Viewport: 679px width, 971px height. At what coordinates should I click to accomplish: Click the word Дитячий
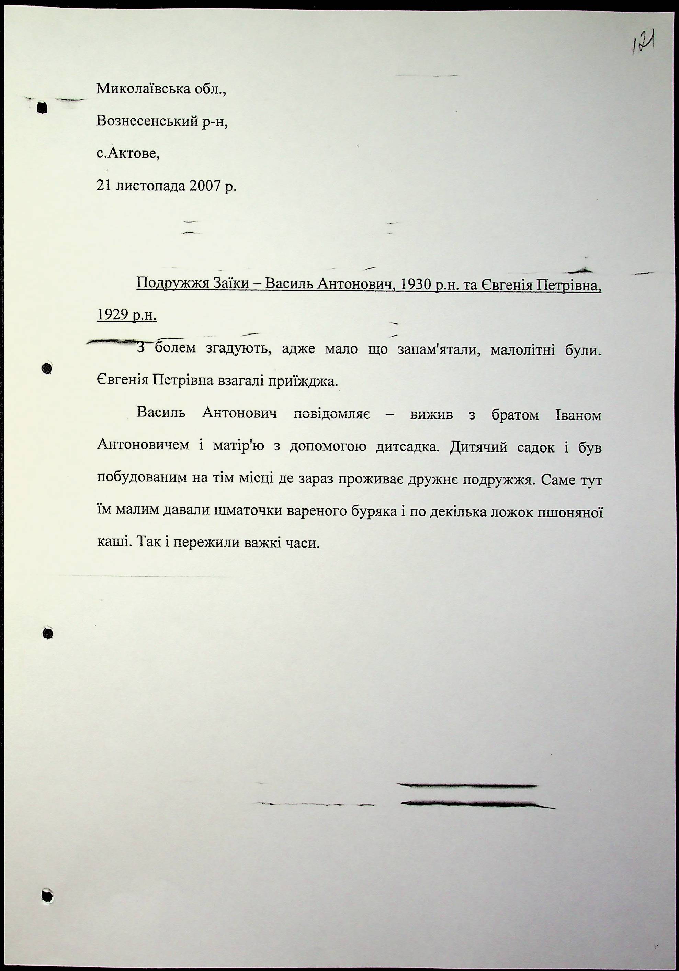point(478,447)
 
